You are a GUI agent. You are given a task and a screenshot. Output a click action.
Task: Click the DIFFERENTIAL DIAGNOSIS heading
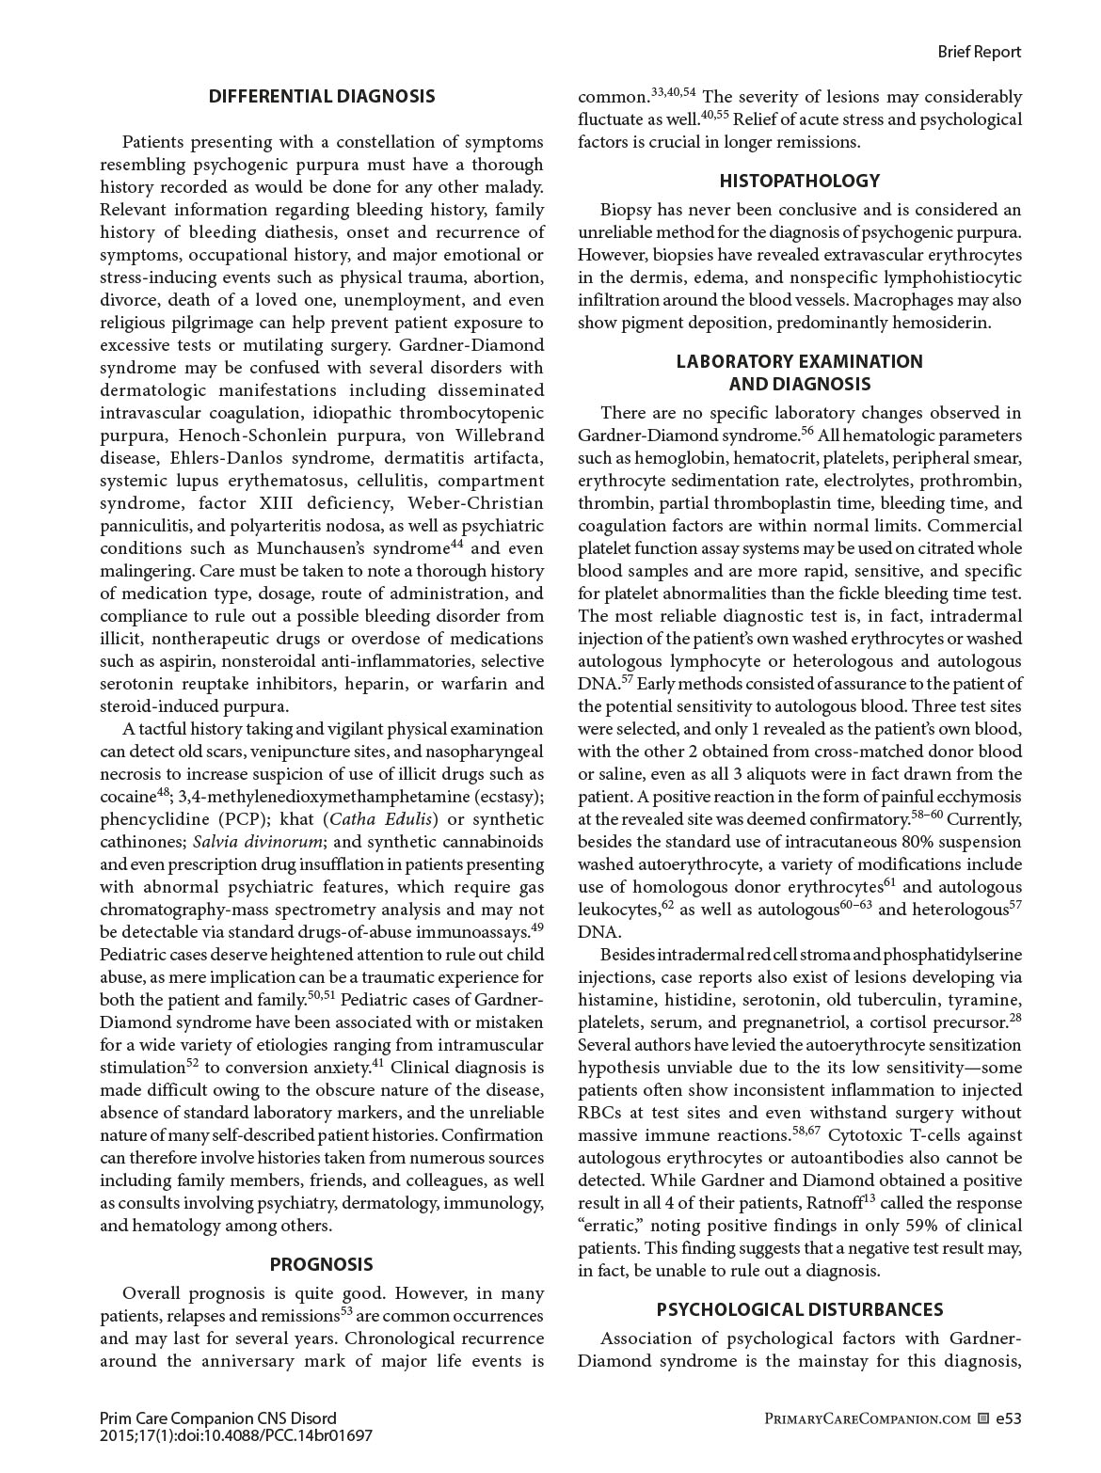322,96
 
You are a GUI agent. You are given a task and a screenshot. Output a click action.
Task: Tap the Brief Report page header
979,52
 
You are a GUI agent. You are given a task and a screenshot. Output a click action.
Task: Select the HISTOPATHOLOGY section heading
799,181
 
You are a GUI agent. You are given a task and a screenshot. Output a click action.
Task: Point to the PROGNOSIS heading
322,1264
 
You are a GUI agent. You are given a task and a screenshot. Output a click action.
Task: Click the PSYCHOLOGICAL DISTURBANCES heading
799,1309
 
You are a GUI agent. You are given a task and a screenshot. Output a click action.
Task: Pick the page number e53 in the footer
1008,1418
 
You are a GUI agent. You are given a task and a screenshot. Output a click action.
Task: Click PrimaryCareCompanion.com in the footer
869,1418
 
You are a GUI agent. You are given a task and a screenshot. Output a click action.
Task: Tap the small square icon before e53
983,1418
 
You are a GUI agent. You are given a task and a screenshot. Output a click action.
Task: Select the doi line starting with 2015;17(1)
235,1435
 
